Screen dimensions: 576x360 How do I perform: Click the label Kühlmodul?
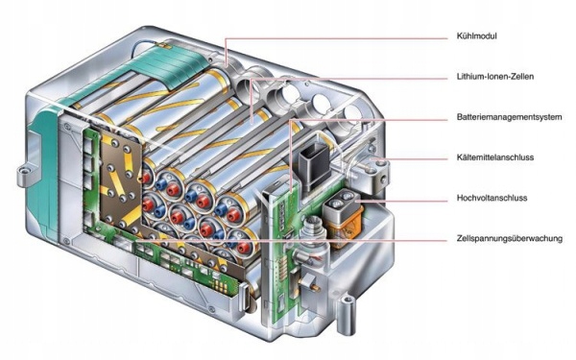(476, 36)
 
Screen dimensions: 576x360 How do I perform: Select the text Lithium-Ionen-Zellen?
(494, 77)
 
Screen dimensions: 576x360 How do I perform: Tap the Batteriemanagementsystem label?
(509, 117)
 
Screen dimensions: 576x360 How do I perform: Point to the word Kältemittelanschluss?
(494, 157)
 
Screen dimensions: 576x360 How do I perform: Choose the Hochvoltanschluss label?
(492, 198)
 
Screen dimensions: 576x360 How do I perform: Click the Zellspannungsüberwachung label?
(510, 238)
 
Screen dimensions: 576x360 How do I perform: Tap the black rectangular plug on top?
(315, 164)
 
